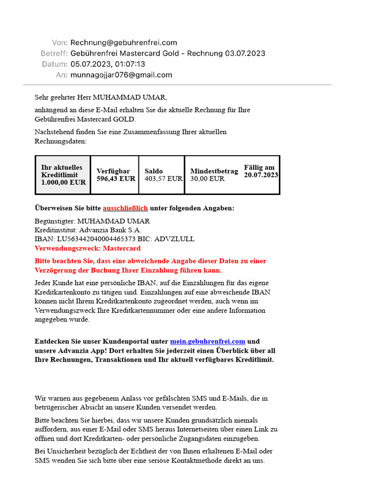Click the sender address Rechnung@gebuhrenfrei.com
point(124,43)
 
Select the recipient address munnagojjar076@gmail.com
point(121,75)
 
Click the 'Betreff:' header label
point(54,54)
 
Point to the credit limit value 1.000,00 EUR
point(63,182)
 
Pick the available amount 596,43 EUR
point(116,179)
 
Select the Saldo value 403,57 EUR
point(163,179)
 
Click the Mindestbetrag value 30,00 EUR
point(207,179)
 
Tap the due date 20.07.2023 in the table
point(261,175)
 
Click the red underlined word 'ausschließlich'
point(125,208)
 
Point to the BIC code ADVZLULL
point(174,239)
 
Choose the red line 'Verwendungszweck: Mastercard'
point(87,249)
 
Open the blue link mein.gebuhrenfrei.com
point(208,341)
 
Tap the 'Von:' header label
point(59,43)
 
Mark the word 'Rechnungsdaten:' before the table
point(60,141)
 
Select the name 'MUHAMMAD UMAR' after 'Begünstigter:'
point(114,221)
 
